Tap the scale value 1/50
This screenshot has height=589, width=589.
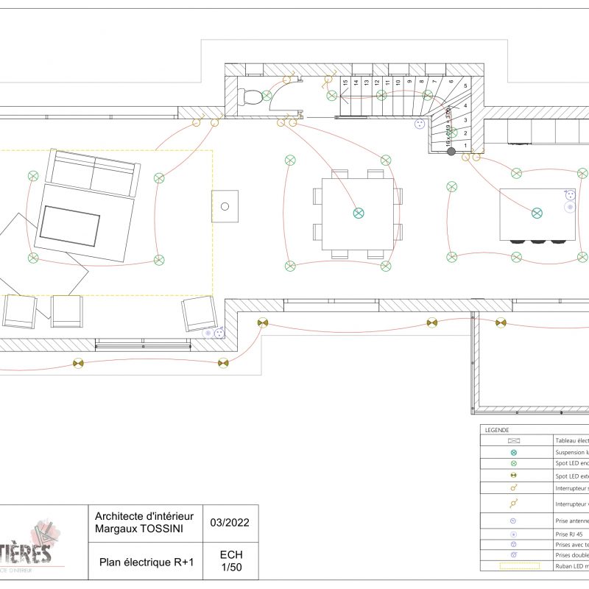231,568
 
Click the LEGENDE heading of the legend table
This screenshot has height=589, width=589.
497,430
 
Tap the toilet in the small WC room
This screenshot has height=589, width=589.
253,96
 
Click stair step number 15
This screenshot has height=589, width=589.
345,83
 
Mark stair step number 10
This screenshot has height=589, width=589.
398,83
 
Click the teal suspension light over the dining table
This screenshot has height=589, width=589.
359,213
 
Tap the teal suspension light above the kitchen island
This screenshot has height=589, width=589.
537,213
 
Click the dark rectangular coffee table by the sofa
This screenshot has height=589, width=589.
70,226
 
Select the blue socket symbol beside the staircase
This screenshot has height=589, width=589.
422,124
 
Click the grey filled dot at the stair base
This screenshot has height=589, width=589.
451,152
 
